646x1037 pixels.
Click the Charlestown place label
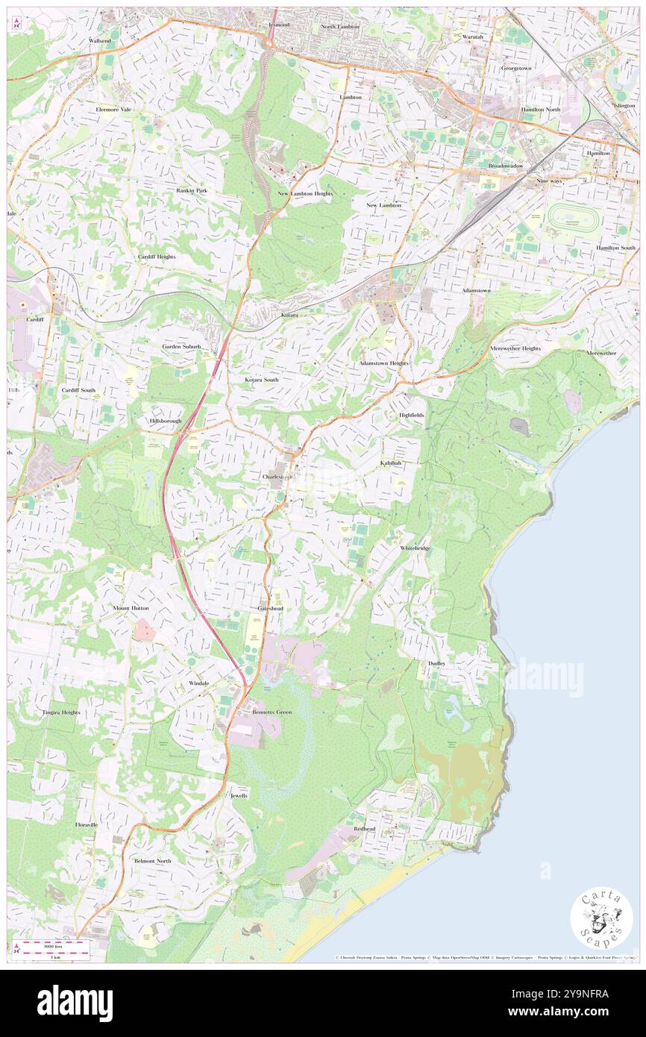[x=278, y=475]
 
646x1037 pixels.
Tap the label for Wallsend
[x=99, y=40]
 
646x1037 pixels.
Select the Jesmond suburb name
[x=278, y=25]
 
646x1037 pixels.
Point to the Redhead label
[x=364, y=829]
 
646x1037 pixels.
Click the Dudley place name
[x=437, y=662]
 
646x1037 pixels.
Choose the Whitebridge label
[x=415, y=548]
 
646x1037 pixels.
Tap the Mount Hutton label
[x=131, y=608]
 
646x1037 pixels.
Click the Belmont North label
[x=152, y=861]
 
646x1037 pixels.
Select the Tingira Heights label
[x=60, y=712]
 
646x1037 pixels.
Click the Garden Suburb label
[x=182, y=347]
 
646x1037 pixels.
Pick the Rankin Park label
[x=192, y=190]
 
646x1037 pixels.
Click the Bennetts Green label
[x=272, y=712]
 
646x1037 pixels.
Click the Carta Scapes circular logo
[x=601, y=917]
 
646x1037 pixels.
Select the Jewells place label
[x=239, y=796]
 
